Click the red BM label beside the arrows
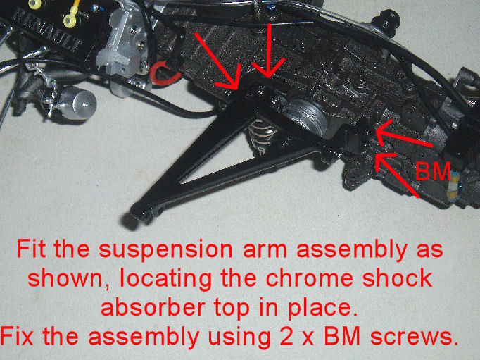click(x=433, y=171)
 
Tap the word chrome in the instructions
click(x=308, y=278)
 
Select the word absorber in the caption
click(x=153, y=307)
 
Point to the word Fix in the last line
click(x=17, y=336)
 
